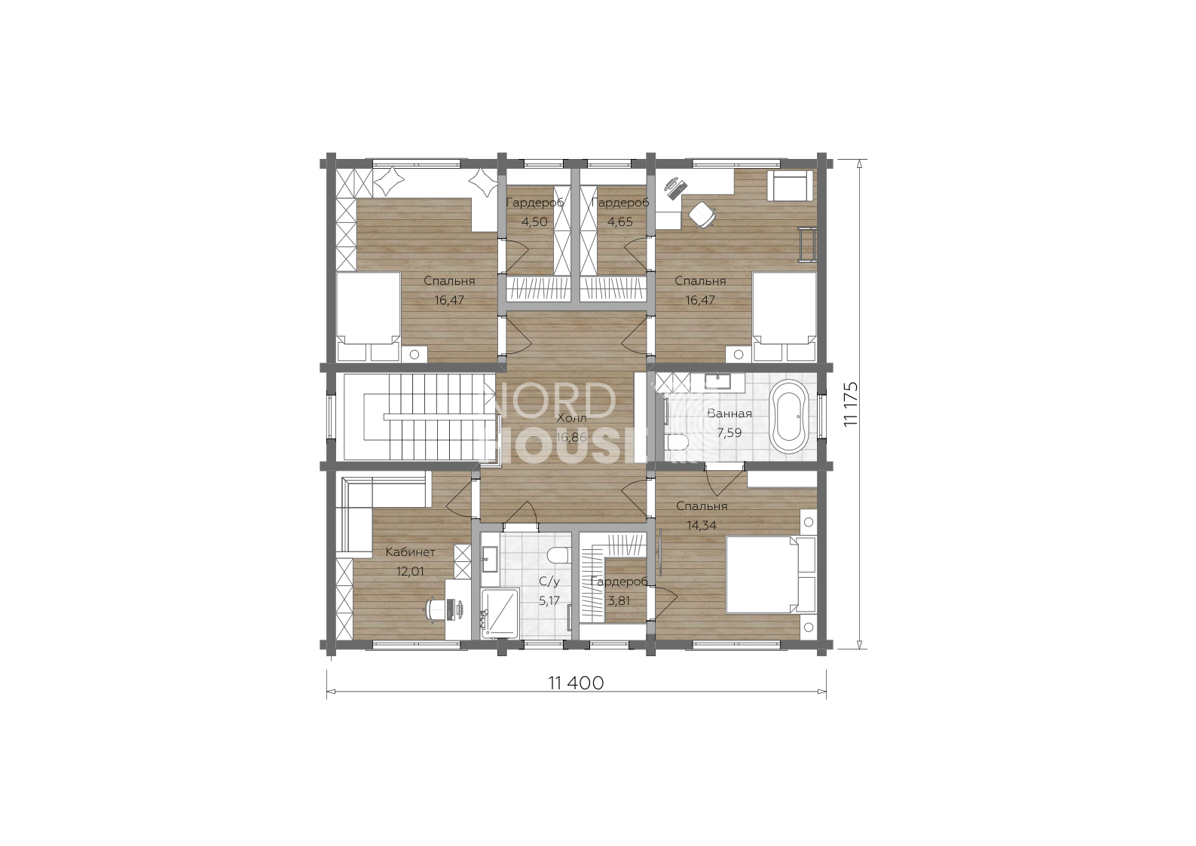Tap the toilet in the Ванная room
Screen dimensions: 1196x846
(675, 442)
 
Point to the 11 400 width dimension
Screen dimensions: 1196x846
(576, 683)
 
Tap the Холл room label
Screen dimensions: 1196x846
(572, 418)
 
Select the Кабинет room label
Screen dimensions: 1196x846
(411, 552)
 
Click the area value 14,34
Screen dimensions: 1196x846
(702, 525)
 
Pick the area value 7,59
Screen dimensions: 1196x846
(730, 432)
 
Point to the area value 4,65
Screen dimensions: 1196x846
(620, 221)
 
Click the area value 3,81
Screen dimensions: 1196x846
(619, 600)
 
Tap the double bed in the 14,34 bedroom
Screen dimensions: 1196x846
(770, 575)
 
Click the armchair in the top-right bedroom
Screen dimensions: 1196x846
(791, 186)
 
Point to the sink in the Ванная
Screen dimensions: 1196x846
(717, 381)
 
